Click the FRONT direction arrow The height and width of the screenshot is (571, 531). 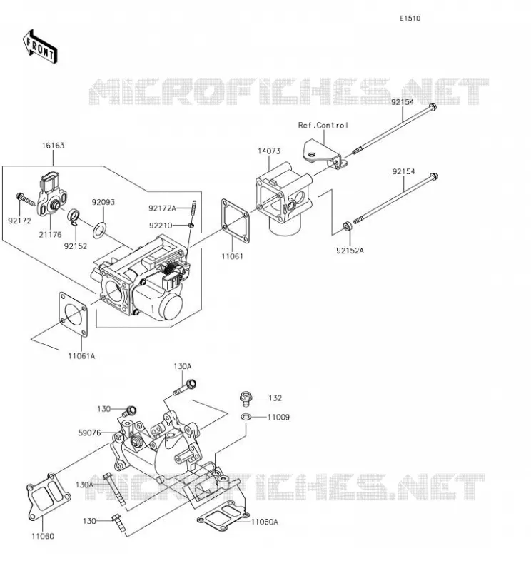coord(40,46)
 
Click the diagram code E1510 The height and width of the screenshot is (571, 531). coord(410,19)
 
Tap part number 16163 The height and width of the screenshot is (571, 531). coord(54,146)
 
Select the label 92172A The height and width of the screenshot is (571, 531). coord(162,208)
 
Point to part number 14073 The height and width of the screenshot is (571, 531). coord(269,151)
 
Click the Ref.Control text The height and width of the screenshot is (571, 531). coord(323,126)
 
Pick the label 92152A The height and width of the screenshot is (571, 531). coord(350,251)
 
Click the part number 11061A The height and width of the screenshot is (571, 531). coord(81,356)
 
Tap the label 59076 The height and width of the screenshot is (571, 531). coord(90,433)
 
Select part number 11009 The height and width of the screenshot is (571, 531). coord(278,417)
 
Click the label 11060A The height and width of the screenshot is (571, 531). coord(265,522)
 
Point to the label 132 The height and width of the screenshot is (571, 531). coord(275,398)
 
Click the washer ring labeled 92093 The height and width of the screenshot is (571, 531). coord(99,230)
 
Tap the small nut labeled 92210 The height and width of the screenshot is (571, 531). coord(191,226)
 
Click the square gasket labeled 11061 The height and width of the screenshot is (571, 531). coord(236,221)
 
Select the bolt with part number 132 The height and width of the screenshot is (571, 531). coord(246,398)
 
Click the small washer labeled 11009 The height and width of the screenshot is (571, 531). coord(246,416)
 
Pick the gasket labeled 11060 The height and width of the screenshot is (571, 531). coord(48,495)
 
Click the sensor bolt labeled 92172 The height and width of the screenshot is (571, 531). coord(26,199)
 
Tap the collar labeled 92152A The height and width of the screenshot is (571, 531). coord(348,226)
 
